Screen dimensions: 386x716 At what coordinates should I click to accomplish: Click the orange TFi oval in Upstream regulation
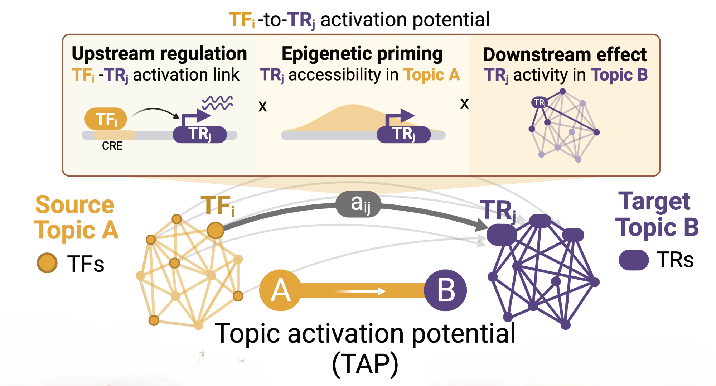(106, 119)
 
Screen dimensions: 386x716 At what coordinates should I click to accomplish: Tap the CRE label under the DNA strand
(112, 146)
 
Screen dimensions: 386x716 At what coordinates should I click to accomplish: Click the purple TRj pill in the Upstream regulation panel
(200, 134)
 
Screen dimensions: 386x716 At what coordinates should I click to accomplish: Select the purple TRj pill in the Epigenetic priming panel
(403, 134)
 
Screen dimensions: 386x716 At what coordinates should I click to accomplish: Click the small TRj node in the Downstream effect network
(539, 103)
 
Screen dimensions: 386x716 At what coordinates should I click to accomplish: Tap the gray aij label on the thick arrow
(358, 204)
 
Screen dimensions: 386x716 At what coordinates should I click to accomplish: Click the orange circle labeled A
(280, 290)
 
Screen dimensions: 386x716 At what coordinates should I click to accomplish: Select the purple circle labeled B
(445, 290)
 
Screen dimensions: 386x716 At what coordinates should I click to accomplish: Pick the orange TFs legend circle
(47, 263)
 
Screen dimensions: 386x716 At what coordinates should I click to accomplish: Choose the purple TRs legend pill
(634, 260)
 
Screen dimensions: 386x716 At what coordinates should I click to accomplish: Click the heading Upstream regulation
(159, 54)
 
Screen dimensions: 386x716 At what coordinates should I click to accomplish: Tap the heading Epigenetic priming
(362, 54)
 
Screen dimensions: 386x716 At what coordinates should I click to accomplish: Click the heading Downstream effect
(565, 55)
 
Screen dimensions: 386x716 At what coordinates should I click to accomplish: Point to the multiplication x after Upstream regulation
(263, 106)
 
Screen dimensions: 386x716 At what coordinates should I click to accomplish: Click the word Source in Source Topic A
(75, 205)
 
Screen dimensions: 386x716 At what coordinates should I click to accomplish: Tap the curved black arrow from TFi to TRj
(156, 111)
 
